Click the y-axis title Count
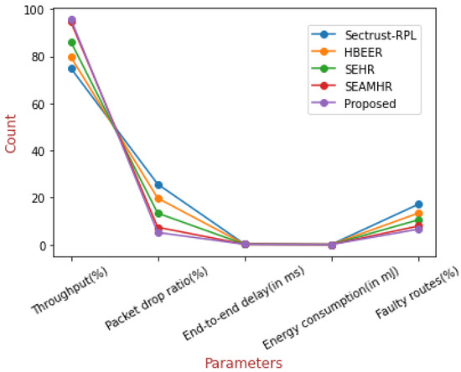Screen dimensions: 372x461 click(x=11, y=132)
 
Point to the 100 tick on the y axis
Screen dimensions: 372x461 click(x=34, y=10)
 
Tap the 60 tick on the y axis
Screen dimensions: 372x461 click(x=38, y=104)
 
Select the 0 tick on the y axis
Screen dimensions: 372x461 click(x=41, y=245)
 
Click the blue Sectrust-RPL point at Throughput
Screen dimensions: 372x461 click(x=72, y=69)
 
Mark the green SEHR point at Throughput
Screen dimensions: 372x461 click(x=72, y=43)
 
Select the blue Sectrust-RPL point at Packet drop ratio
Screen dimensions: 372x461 click(x=158, y=185)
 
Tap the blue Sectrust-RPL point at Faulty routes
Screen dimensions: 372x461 click(x=419, y=204)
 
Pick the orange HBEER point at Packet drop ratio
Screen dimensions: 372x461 click(x=158, y=199)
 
